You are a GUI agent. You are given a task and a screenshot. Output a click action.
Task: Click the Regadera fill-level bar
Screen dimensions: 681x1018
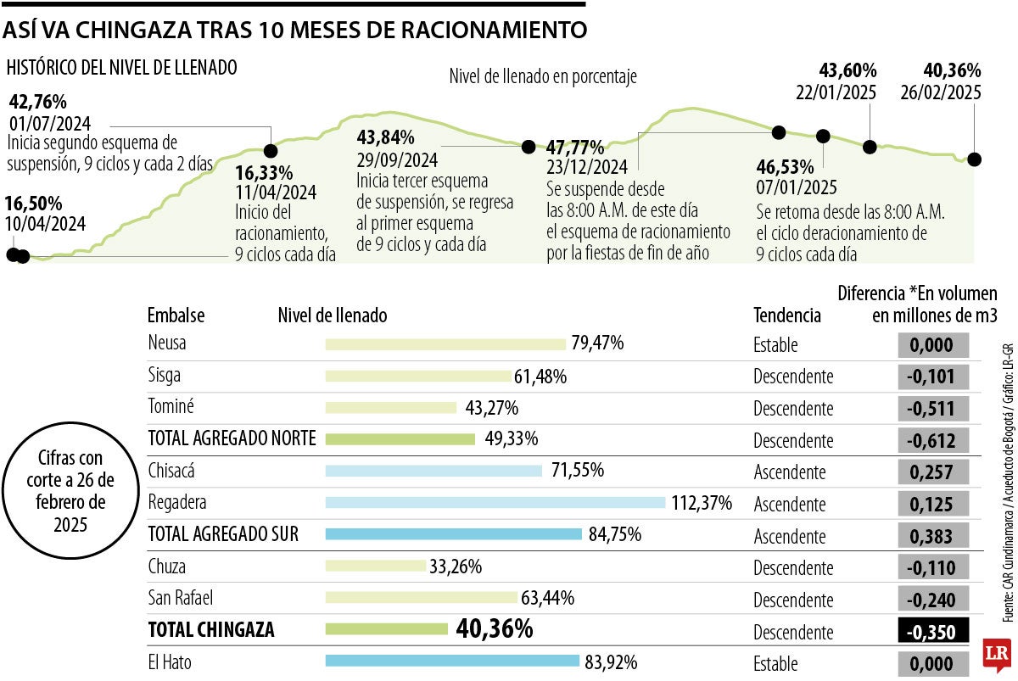click(495, 503)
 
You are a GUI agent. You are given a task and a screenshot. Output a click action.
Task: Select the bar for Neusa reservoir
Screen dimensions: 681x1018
click(445, 343)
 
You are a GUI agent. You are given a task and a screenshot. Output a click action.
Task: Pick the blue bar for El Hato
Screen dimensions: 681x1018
click(452, 661)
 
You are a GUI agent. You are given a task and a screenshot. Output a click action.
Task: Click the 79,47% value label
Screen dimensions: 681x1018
click(598, 343)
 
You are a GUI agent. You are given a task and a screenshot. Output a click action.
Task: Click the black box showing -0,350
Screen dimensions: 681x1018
click(932, 632)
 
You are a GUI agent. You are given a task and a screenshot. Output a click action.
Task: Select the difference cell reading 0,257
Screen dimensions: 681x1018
click(932, 472)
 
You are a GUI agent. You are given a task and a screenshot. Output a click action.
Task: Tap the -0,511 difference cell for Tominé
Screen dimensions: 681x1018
click(932, 409)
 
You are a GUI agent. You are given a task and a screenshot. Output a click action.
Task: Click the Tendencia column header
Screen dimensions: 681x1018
click(786, 315)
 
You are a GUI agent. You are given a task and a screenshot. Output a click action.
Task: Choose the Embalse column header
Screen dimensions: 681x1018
click(176, 315)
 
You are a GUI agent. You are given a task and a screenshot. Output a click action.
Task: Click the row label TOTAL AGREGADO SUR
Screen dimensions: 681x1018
click(223, 535)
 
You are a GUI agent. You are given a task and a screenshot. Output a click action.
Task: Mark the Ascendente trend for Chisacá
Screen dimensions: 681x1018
click(789, 472)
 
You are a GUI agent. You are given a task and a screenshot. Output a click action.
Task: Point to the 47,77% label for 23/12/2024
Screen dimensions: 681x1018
click(575, 147)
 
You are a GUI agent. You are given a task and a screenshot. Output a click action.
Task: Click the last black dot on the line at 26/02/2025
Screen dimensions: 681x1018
click(975, 159)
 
